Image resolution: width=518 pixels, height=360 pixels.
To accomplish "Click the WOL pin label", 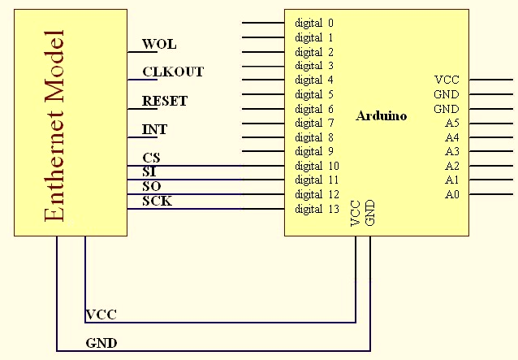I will [159, 44].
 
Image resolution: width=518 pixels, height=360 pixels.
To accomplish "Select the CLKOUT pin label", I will [173, 72].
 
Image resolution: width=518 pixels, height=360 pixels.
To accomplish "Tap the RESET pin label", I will [165, 101].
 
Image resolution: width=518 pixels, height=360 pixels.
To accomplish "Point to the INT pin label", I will [155, 129].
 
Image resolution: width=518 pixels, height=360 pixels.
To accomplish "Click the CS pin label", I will [151, 158].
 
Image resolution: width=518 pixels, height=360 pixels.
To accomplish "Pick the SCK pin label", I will [157, 201].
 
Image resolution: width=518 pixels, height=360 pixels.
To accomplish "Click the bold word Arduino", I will [382, 116].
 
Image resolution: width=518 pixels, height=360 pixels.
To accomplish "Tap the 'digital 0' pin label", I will [314, 23].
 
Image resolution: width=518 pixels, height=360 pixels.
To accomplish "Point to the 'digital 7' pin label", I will [314, 123].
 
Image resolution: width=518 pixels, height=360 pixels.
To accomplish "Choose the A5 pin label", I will [451, 123].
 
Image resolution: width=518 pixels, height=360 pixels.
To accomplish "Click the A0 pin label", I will [451, 194].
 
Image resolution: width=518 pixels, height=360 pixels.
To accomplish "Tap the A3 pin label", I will [451, 151].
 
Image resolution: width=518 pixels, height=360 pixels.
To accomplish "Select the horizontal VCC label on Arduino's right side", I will [447, 80].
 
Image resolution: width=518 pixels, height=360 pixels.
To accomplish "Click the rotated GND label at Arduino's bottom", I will [370, 213].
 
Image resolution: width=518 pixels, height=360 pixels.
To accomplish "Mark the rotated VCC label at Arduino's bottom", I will [356, 213].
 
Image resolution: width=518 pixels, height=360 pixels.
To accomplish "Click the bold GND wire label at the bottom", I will [101, 343].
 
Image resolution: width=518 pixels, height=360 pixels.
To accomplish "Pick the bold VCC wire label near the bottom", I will [101, 314].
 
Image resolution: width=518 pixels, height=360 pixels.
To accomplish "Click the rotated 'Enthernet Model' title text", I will [54, 126].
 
